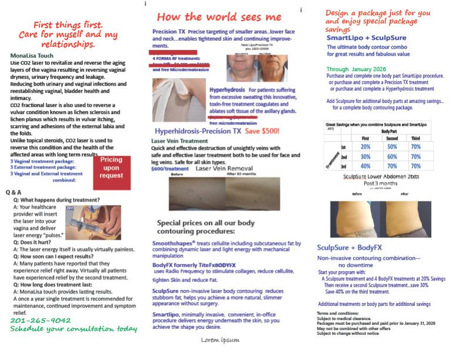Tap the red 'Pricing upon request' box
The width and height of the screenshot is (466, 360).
(x=112, y=167)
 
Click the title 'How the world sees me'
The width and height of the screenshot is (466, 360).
(x=219, y=16)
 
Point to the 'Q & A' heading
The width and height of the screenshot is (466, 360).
(x=16, y=192)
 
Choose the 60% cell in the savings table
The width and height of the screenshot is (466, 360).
(x=393, y=157)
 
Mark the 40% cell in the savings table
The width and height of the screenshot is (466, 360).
(x=364, y=166)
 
